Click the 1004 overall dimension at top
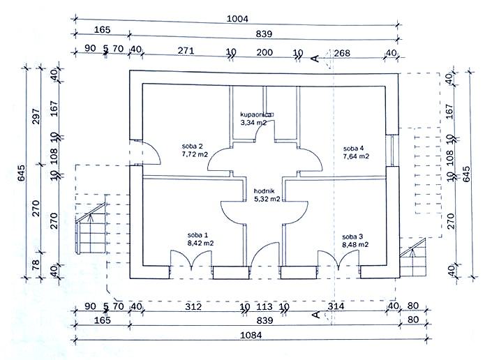(237, 19)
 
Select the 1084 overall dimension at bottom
(251, 335)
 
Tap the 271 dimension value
(186, 50)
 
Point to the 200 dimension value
(264, 52)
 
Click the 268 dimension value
(342, 53)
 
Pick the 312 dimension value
(193, 306)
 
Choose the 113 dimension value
(264, 306)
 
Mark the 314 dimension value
(336, 306)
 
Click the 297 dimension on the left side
(36, 116)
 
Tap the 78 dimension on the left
(36, 264)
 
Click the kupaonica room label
(257, 114)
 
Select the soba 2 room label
(193, 146)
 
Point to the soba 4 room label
(353, 149)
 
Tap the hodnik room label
(264, 190)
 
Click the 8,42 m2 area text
(200, 243)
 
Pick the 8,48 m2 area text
(355, 245)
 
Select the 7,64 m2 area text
(356, 156)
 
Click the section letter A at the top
(315, 59)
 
